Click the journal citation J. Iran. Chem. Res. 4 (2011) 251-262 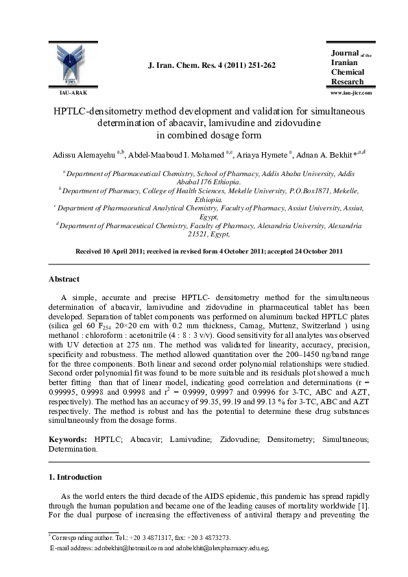(x=212, y=65)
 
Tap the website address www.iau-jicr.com (x=350, y=92)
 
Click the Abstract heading (x=63, y=280)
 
